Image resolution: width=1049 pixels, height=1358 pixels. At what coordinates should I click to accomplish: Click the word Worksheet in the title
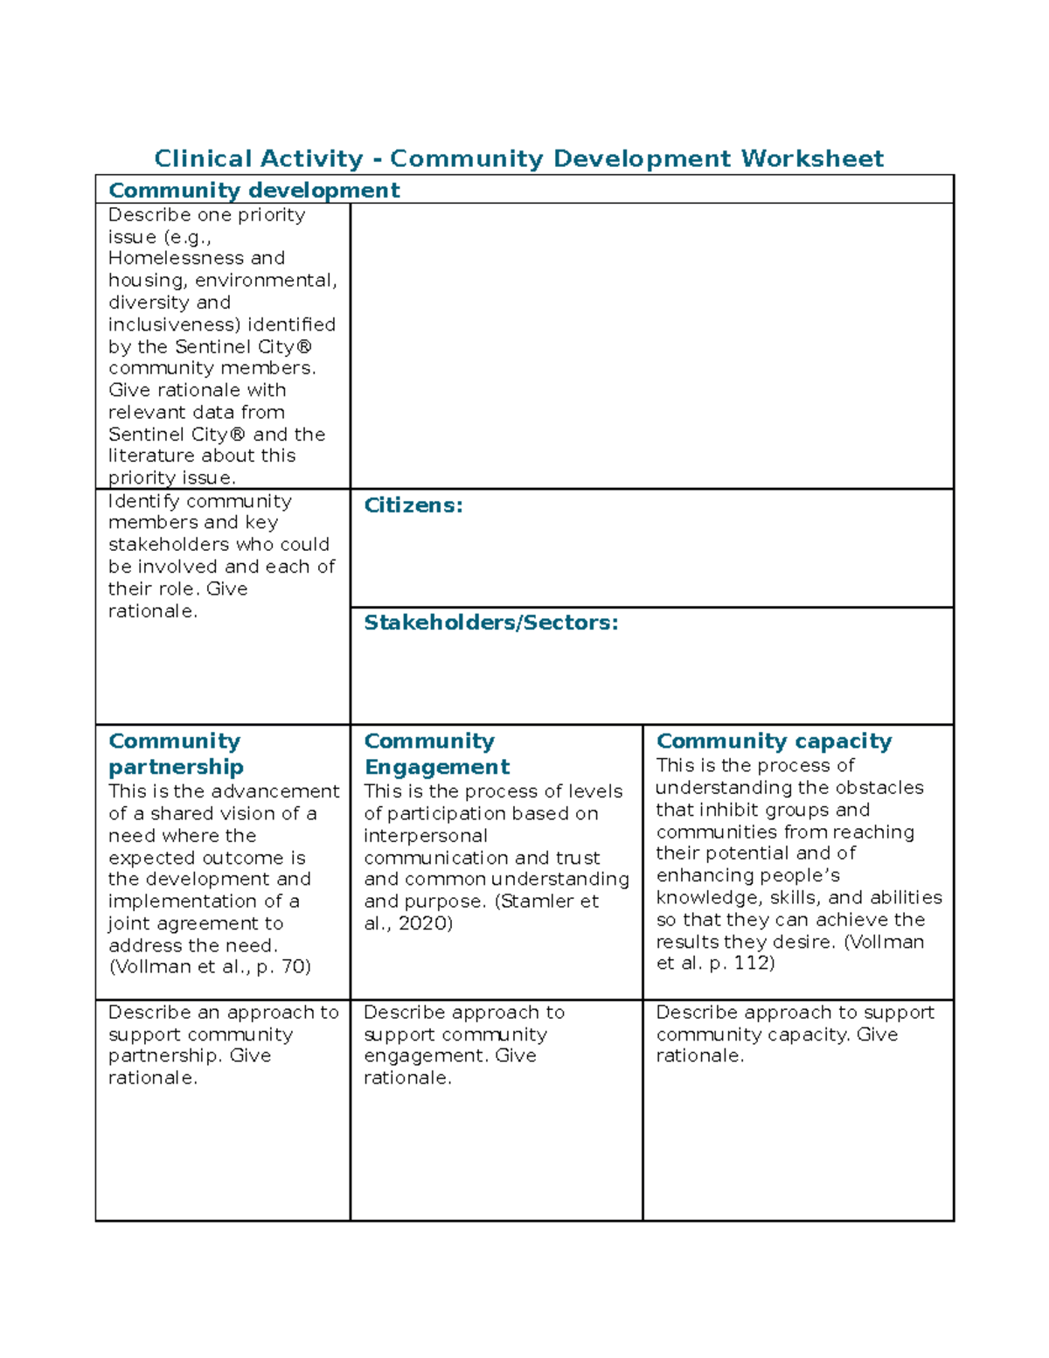click(812, 158)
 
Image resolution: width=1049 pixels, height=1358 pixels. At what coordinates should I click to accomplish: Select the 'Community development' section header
click(254, 190)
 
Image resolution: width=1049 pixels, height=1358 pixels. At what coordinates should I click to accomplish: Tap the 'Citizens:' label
click(413, 505)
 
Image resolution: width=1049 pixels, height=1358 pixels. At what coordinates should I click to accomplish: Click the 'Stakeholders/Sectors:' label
click(490, 623)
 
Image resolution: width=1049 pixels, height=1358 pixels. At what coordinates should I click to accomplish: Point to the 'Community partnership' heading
click(175, 754)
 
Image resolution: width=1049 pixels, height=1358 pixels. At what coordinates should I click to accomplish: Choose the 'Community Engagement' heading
click(436, 754)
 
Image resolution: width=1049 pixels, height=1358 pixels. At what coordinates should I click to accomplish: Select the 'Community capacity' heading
click(774, 742)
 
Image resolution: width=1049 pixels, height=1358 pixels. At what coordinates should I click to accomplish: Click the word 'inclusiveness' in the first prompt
click(173, 324)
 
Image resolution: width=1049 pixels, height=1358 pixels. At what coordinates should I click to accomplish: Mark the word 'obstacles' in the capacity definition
click(881, 788)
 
